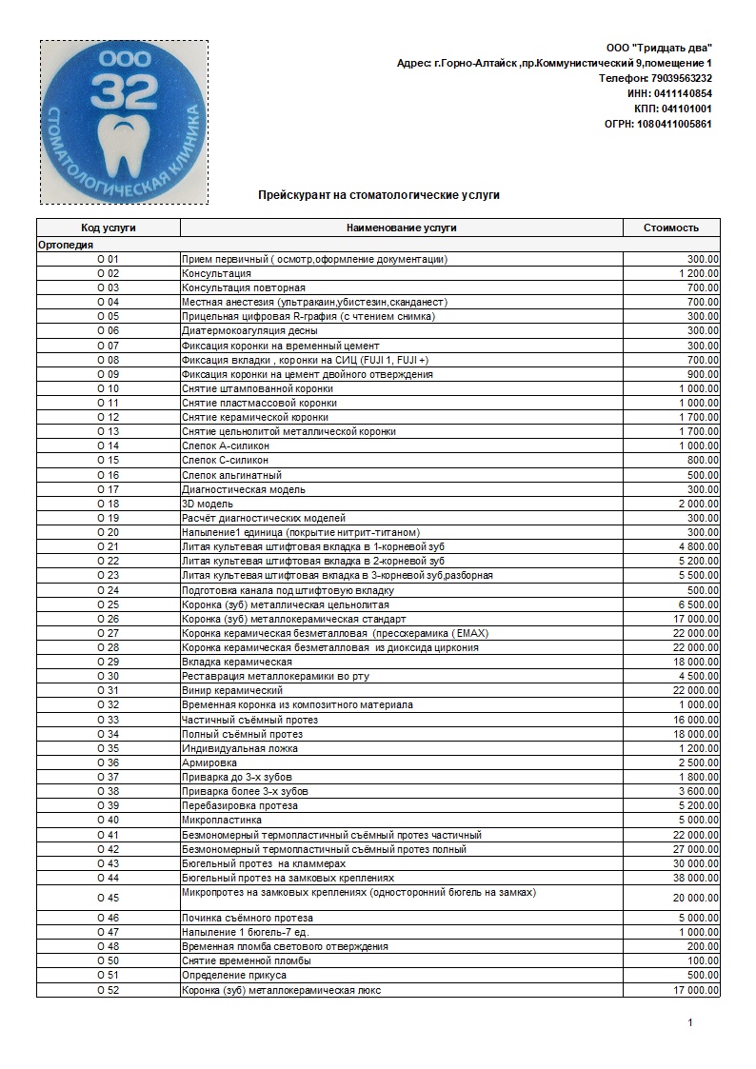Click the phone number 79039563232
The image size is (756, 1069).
pyautogui.click(x=681, y=78)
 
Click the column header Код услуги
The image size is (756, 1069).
pyautogui.click(x=108, y=228)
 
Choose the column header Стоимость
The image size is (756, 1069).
pyautogui.click(x=670, y=228)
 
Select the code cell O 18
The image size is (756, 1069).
pyautogui.click(x=108, y=504)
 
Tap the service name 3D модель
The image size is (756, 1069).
pyautogui.click(x=208, y=504)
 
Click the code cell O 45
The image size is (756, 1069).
pyautogui.click(x=108, y=898)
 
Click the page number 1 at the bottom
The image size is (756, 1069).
pyautogui.click(x=690, y=1023)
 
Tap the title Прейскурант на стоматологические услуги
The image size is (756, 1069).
pyautogui.click(x=379, y=195)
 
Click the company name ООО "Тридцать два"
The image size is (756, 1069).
pyautogui.click(x=659, y=48)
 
